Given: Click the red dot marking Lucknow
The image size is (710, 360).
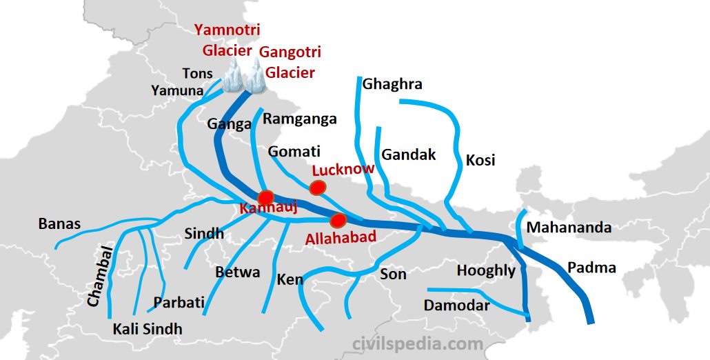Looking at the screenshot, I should click(317, 187).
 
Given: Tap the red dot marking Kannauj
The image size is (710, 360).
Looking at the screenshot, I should click(266, 197).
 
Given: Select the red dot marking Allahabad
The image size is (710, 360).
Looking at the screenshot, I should click(338, 221).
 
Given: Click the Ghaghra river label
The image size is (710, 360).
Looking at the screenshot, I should click(392, 84).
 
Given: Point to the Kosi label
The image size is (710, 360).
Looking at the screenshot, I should click(480, 160).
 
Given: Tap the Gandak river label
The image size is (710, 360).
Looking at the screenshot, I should click(409, 154).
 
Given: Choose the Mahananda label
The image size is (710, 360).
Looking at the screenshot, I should click(569, 228).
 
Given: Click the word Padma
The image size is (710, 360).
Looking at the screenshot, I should click(591, 268).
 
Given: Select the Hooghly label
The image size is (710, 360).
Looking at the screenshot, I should click(486, 270).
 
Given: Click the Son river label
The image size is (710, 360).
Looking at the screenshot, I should click(393, 274).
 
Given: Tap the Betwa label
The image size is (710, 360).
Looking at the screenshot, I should click(238, 272).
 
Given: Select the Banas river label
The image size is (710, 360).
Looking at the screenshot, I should click(59, 223).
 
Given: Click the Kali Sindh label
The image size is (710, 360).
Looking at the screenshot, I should click(148, 329).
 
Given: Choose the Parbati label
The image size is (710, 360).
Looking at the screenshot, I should click(179, 302).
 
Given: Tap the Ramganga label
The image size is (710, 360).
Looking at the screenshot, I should click(300, 119).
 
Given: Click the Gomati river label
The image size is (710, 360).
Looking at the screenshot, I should click(294, 151).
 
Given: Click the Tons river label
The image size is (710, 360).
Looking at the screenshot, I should click(197, 73).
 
